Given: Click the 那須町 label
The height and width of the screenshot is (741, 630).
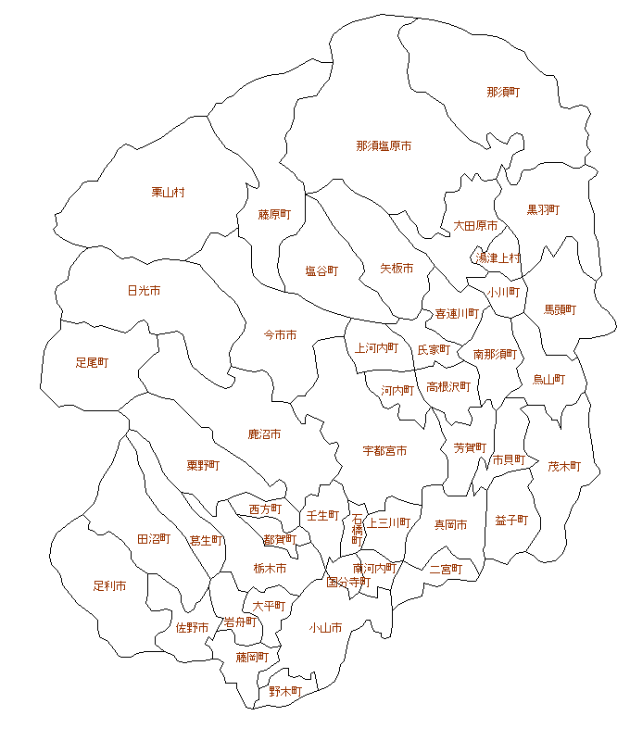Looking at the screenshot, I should click(503, 92).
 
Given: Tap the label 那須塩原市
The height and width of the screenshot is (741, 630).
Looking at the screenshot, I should click(384, 145).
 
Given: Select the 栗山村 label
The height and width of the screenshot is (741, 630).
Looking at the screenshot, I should click(169, 193).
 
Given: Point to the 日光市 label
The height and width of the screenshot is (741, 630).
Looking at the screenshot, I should click(144, 291).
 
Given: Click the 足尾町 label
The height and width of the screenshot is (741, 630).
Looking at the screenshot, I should click(92, 362).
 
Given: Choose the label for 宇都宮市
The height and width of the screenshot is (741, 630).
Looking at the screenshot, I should click(384, 451).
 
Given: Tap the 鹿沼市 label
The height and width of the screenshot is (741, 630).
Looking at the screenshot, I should click(264, 433).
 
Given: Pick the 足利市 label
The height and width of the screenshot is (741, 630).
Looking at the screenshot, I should click(109, 586).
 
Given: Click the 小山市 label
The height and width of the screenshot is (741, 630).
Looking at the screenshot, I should click(325, 628).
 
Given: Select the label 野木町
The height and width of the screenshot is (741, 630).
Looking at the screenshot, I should click(285, 691).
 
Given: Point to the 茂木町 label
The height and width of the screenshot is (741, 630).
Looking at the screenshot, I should click(563, 467).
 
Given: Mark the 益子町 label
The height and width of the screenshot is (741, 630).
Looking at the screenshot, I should click(511, 521).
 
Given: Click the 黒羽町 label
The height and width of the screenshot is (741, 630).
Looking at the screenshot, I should click(543, 210).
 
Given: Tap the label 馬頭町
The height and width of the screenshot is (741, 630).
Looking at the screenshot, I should click(560, 309).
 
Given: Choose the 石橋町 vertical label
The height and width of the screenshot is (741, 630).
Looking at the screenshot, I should click(358, 531).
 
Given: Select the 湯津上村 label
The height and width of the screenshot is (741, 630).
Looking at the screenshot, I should click(499, 258).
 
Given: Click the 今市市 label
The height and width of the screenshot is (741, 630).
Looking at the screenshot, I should click(281, 334).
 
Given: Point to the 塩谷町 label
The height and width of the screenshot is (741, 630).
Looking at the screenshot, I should click(321, 271).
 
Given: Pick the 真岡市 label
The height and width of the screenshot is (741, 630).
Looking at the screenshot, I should click(451, 525).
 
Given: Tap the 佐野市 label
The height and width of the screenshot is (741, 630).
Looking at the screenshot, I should click(192, 628).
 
